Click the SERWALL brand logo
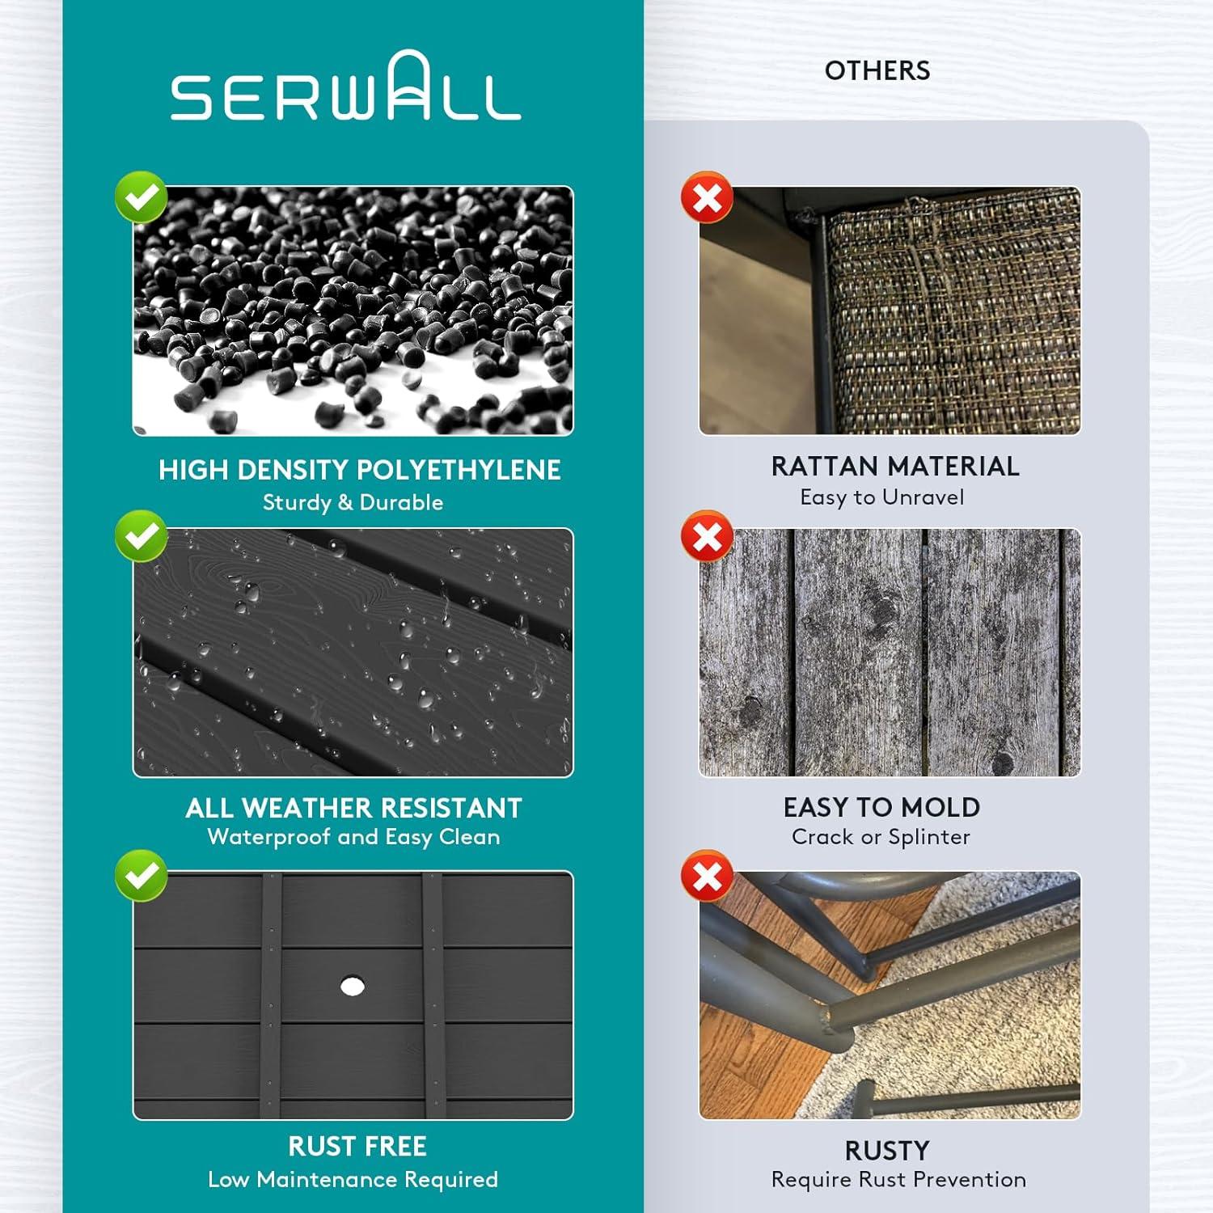click(x=345, y=86)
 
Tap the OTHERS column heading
click(x=877, y=71)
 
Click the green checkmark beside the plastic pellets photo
click(x=141, y=197)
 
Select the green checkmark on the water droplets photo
click(x=141, y=536)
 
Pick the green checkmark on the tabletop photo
click(x=141, y=876)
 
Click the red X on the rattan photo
click(x=707, y=197)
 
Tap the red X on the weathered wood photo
click(x=707, y=536)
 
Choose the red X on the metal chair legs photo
click(x=707, y=876)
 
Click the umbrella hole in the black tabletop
click(x=352, y=986)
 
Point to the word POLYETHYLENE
click(x=459, y=470)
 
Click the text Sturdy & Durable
click(x=353, y=502)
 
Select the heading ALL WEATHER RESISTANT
click(x=353, y=808)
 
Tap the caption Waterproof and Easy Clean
click(x=353, y=837)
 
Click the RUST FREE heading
click(x=357, y=1146)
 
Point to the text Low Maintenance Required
click(x=353, y=1180)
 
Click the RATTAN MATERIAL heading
click(x=895, y=467)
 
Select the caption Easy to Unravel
click(x=882, y=497)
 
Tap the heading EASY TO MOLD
click(x=881, y=807)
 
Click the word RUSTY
click(x=887, y=1151)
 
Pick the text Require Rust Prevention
click(x=898, y=1180)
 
